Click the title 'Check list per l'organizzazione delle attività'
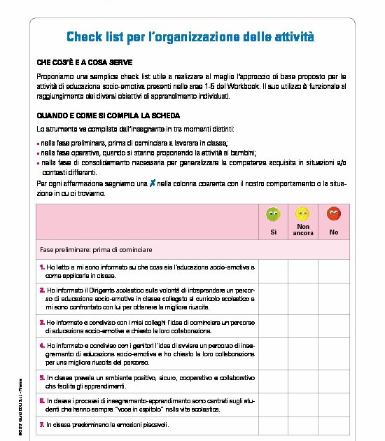click(x=190, y=36)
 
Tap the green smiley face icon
click(x=274, y=213)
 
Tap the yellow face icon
click(x=303, y=213)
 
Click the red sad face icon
click(x=334, y=213)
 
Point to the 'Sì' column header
click(x=274, y=232)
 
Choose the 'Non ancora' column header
click(x=303, y=230)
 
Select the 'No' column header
click(x=334, y=232)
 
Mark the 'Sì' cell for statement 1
click(x=274, y=271)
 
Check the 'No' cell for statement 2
click(x=334, y=297)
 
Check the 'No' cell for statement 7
click(x=334, y=424)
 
